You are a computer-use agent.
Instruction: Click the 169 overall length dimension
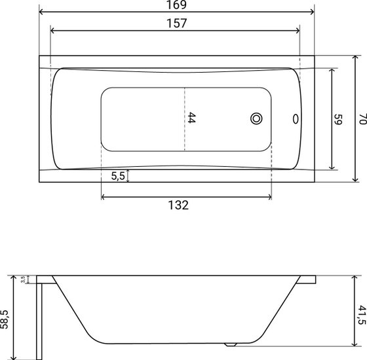pos(176,5)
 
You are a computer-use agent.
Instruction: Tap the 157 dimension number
pos(177,24)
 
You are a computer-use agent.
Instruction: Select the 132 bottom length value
pos(178,206)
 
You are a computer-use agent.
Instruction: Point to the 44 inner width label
pos(191,118)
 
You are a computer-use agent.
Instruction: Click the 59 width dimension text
pos(338,119)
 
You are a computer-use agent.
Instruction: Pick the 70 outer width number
pos(362,119)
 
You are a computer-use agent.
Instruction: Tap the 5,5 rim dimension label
pos(118,176)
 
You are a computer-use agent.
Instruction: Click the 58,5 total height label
pos(4,319)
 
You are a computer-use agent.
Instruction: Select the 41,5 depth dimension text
pos(362,315)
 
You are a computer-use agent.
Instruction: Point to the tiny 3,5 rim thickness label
pos(23,279)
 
